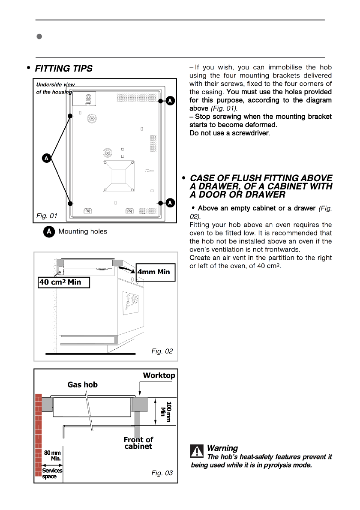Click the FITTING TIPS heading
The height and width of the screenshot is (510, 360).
click(63, 69)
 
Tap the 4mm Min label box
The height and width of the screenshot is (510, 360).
click(153, 272)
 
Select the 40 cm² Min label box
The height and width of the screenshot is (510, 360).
click(64, 282)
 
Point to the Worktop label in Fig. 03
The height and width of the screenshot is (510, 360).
click(159, 375)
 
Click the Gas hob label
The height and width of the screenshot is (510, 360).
click(82, 385)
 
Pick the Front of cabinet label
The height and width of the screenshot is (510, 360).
click(138, 443)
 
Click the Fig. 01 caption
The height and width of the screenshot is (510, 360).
click(47, 214)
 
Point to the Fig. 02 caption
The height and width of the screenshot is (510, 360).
click(162, 351)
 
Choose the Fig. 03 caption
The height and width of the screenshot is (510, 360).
click(162, 473)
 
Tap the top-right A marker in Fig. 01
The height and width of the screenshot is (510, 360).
click(170, 101)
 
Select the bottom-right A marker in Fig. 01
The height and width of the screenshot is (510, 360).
click(170, 202)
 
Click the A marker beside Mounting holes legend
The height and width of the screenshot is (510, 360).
click(49, 231)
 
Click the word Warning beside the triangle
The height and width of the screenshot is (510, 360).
click(222, 448)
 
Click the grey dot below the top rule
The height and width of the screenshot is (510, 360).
click(38, 37)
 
